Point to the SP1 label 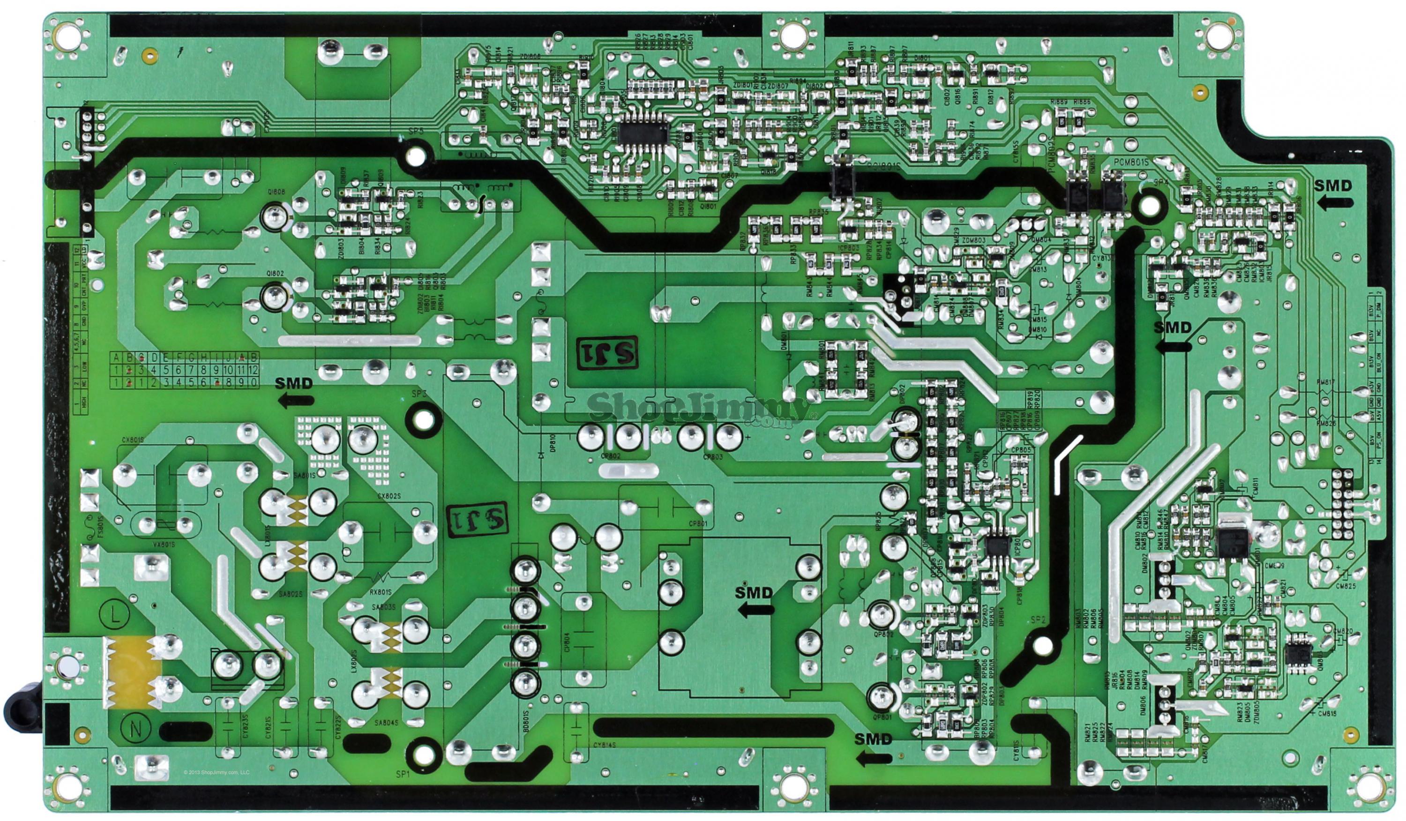click(403, 775)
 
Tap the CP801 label click(698, 524)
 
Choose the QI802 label click(276, 273)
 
